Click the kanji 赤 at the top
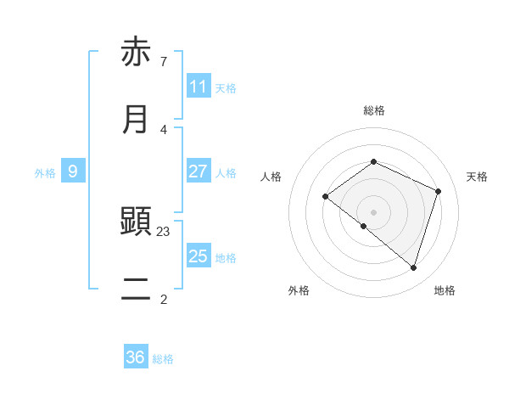click(136, 52)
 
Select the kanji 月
click(136, 120)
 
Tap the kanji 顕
click(136, 222)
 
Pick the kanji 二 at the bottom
click(136, 289)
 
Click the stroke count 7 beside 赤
click(163, 61)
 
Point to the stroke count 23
click(164, 231)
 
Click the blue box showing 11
click(199, 87)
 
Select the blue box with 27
click(199, 171)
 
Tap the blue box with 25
click(199, 256)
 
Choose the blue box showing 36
click(136, 357)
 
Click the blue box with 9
click(73, 171)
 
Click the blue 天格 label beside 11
click(226, 87)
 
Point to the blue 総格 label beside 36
click(163, 359)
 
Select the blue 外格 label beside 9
click(45, 172)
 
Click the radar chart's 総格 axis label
click(374, 110)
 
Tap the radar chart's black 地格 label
click(445, 290)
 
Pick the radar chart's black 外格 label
click(299, 290)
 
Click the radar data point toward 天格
click(439, 191)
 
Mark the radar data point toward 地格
click(413, 267)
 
